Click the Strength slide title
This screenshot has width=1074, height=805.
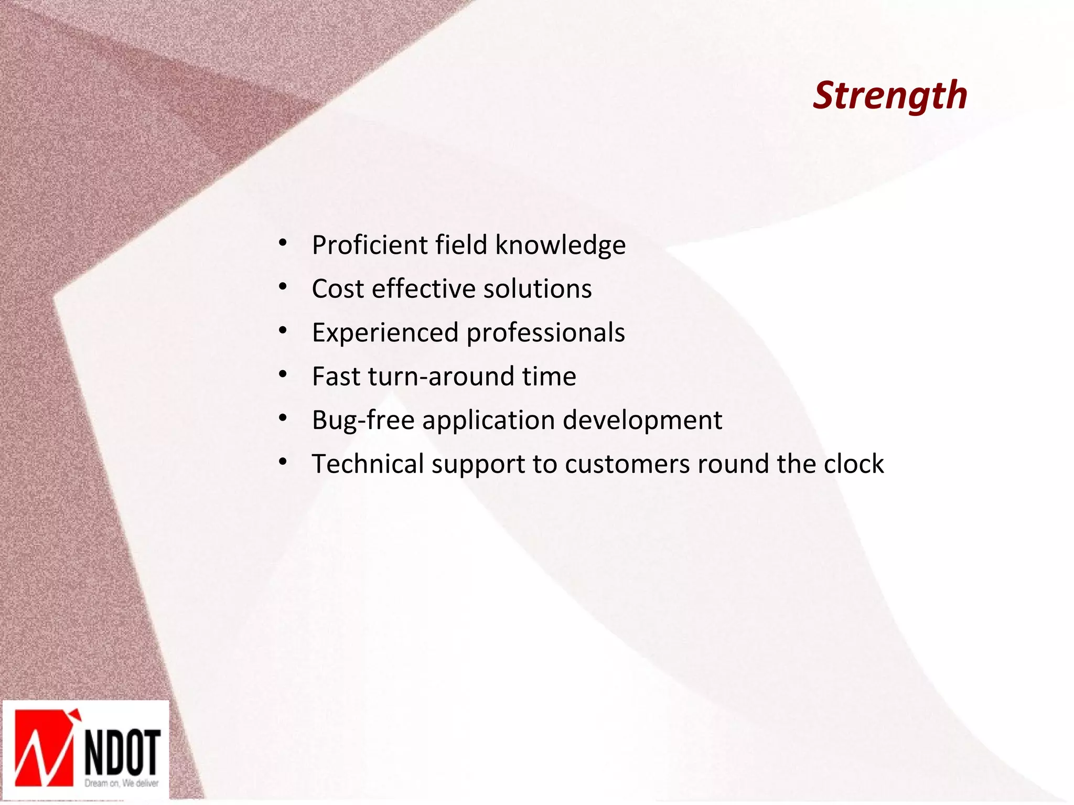889,95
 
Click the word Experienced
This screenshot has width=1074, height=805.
385,332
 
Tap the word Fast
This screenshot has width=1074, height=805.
336,376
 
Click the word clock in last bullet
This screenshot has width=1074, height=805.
853,464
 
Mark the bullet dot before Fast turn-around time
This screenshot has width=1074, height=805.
283,375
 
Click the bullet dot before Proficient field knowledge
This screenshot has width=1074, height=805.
283,243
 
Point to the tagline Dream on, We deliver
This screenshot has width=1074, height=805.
122,783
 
